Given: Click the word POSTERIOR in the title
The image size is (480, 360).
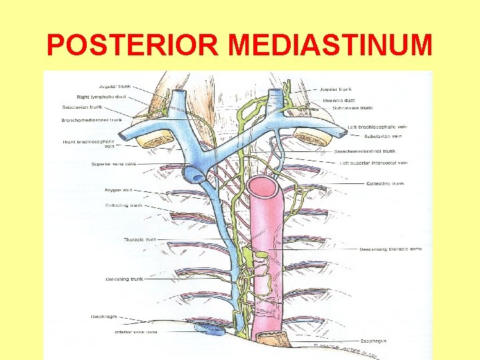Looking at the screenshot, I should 134,45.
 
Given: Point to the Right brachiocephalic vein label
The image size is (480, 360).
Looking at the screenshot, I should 89,143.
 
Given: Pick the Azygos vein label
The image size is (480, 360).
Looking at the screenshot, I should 118,190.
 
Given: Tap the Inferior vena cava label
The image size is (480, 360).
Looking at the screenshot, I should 135,332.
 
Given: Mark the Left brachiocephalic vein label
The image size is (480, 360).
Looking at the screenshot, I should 377,127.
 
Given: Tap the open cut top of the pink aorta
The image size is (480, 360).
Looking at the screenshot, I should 262,186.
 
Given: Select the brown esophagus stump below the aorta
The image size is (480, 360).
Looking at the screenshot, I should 273,339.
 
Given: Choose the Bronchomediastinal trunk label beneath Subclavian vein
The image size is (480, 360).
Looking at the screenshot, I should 365,151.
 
